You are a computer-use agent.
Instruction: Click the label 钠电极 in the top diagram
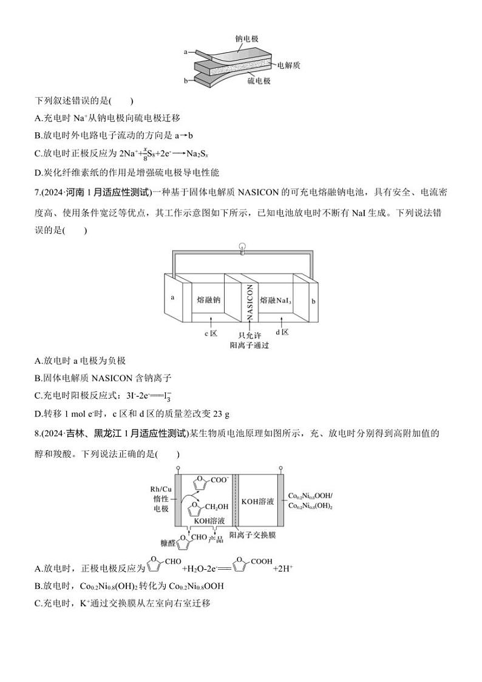coord(246,38)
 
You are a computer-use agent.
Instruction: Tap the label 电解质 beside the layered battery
coord(289,64)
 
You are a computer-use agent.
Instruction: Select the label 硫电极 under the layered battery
coord(259,81)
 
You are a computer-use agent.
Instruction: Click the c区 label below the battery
coord(211,333)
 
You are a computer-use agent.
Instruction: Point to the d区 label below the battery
coord(281,333)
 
